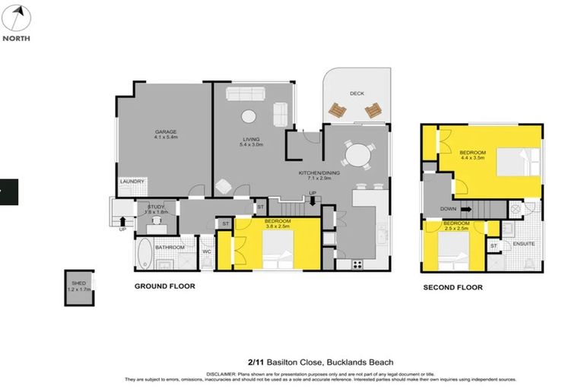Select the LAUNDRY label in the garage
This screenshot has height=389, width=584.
pyautogui.click(x=132, y=182)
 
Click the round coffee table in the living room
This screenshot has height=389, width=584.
pyautogui.click(x=248, y=115)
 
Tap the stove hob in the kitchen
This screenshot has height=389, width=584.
pyautogui.click(x=357, y=264)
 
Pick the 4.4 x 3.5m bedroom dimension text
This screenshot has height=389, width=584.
pyautogui.click(x=471, y=159)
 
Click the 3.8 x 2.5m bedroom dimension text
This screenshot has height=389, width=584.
pyautogui.click(x=278, y=226)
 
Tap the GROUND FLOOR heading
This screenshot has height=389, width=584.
pyautogui.click(x=165, y=286)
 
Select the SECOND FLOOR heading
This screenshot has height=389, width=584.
pyautogui.click(x=453, y=287)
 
